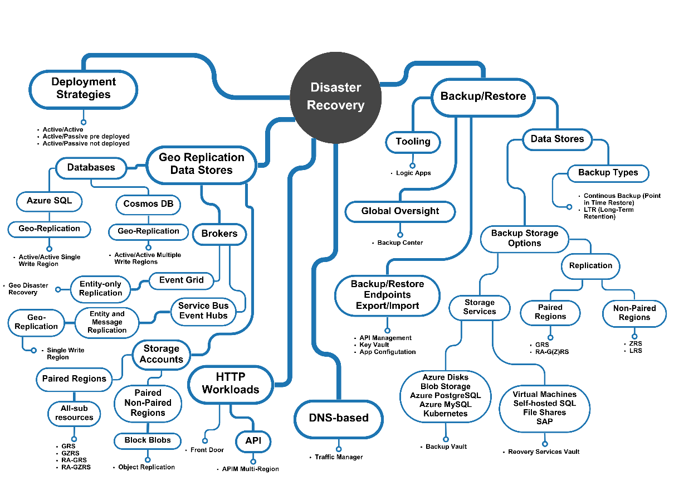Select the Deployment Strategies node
[x=84, y=89]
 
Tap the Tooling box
[x=413, y=142]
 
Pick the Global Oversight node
[x=400, y=211]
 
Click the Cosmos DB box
[x=149, y=204]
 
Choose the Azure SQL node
[x=49, y=201]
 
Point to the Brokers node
[x=219, y=234]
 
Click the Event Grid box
[x=182, y=280]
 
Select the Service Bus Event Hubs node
[x=203, y=311]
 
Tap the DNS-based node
[x=339, y=418]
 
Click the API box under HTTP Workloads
[x=253, y=442]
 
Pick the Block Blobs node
[x=148, y=440]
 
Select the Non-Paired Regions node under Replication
[x=634, y=313]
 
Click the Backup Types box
[x=608, y=173]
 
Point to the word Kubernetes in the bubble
[x=446, y=414]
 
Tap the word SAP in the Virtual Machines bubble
[x=544, y=421]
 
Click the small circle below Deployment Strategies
[x=84, y=122]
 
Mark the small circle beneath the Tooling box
[x=413, y=165]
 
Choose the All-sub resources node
[x=74, y=413]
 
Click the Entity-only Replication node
[x=100, y=289]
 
